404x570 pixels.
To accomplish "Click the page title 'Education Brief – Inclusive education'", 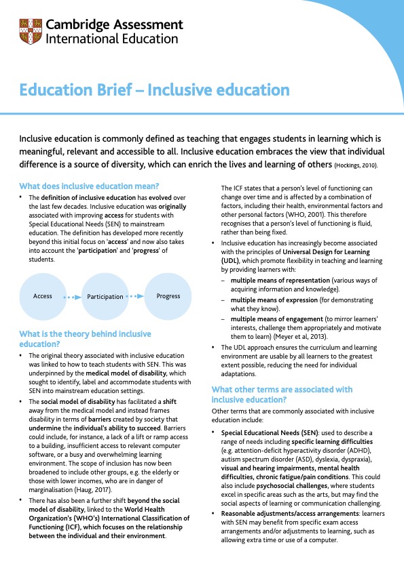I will [154, 90].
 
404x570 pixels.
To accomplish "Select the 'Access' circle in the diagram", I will [43, 296].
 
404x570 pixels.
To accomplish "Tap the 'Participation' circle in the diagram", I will [105, 296].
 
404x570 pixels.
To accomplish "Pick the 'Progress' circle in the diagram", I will [168, 296].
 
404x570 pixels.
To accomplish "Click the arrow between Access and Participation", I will [72, 297].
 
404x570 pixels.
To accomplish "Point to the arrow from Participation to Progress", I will [135, 296].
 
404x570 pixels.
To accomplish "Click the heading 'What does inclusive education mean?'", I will [89, 186].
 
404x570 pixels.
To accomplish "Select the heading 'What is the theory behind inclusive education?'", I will [85, 339].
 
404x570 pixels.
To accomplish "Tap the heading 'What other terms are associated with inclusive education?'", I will [282, 394].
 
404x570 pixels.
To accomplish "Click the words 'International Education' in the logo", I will [111, 39].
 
